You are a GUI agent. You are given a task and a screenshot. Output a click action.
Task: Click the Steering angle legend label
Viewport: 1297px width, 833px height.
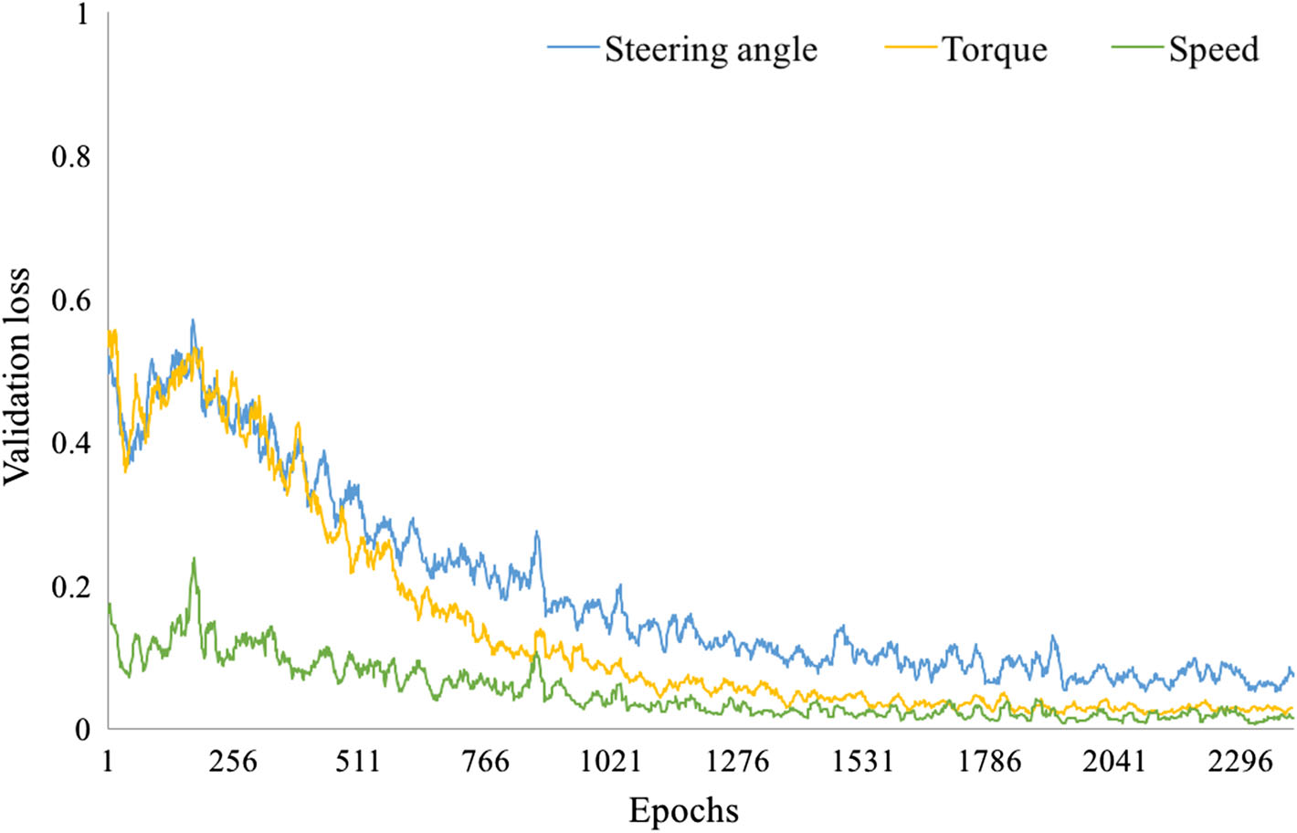click(711, 49)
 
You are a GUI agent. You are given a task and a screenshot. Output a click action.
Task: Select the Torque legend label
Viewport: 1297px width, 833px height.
click(995, 49)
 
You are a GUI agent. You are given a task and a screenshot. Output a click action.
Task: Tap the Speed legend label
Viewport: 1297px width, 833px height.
click(1214, 49)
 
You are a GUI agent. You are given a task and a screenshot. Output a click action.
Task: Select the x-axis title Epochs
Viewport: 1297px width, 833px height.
click(683, 810)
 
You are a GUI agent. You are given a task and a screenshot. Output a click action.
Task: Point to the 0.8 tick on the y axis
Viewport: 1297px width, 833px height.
click(70, 157)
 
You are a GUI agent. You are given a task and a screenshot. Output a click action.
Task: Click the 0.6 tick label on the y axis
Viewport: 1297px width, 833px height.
click(70, 301)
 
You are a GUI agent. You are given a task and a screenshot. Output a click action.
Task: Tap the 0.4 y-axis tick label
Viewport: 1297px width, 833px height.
click(70, 444)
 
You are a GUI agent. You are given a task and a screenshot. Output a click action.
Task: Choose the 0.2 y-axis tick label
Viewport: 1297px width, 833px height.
click(70, 587)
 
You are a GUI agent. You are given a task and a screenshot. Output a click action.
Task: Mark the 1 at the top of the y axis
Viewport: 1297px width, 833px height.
click(83, 15)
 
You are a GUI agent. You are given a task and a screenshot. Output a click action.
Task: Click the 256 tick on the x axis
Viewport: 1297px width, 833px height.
click(233, 761)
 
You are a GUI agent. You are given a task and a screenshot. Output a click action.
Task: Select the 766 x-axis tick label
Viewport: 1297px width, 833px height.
click(486, 761)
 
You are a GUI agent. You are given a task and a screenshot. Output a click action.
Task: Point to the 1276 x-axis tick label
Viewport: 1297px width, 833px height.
click(737, 761)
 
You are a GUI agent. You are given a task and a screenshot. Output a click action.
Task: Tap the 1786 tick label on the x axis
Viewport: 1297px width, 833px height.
click(989, 761)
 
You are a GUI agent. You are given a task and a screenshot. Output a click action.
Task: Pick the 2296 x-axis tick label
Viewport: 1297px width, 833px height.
click(1240, 761)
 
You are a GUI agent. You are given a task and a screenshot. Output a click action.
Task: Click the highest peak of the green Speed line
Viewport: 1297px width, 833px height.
click(194, 558)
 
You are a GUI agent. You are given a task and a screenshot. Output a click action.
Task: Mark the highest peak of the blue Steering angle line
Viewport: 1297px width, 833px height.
click(193, 321)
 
